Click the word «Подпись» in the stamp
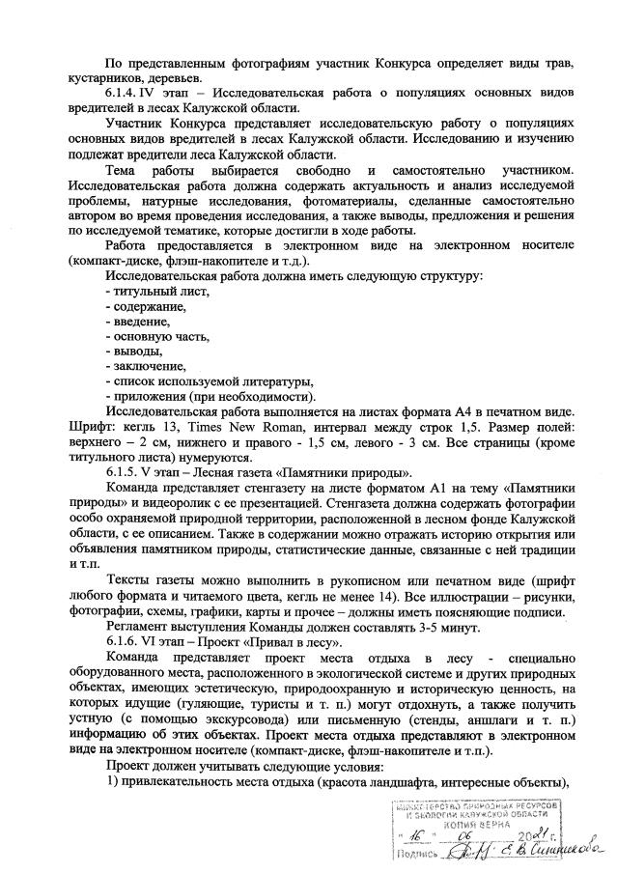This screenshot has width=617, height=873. click(416, 853)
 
